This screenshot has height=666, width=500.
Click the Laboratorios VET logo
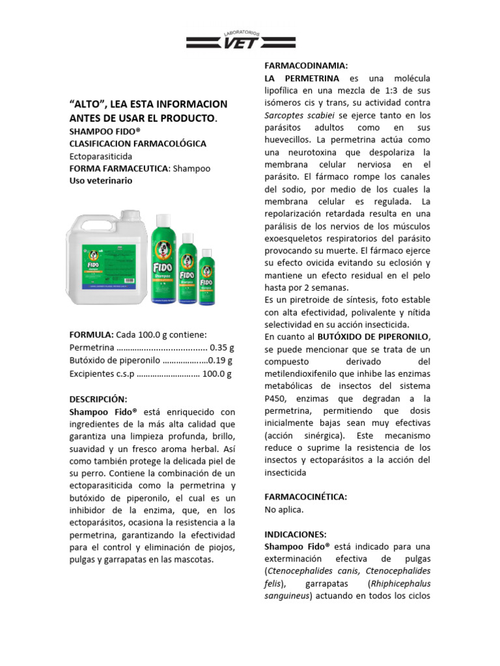tap(242, 40)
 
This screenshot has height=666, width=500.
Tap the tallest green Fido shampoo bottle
tap(163, 259)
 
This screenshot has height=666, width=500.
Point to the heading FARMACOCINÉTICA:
tap(305, 497)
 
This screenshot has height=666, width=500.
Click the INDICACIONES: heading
tap(295, 534)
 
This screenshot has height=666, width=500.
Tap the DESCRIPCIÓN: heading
tap(98, 399)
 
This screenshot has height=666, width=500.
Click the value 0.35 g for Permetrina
tap(221, 348)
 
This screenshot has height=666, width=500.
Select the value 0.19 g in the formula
tap(220, 360)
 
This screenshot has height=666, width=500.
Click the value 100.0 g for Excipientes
tap(217, 373)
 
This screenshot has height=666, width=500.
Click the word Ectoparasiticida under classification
tap(101, 156)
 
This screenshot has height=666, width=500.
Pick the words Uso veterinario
tap(101, 181)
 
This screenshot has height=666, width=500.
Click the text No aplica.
tap(285, 509)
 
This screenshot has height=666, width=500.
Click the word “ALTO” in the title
tap(87, 104)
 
